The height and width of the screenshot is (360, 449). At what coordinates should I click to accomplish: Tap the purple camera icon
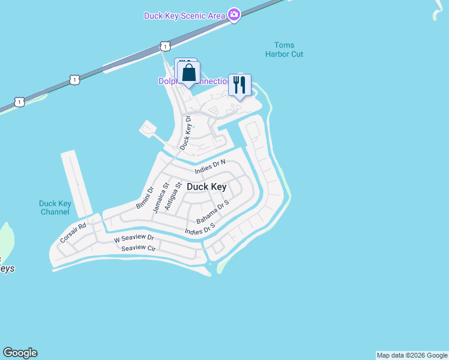click(234, 16)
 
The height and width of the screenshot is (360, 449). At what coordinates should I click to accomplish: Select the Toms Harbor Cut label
click(284, 50)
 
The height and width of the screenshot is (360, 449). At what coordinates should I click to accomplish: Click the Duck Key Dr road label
click(187, 133)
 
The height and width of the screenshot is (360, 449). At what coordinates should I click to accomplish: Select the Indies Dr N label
click(210, 167)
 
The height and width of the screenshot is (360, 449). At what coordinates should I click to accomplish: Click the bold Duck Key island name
click(206, 187)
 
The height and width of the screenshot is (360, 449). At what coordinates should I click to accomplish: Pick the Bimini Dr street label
click(145, 199)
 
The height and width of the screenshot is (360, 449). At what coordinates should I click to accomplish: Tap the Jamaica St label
click(158, 199)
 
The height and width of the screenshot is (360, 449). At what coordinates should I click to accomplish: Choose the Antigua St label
click(172, 197)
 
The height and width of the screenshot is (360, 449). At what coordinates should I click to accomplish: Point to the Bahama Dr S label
click(212, 213)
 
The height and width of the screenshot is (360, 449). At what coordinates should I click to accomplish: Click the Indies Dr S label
click(200, 229)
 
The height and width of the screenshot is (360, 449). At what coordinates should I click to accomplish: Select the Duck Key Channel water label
click(55, 208)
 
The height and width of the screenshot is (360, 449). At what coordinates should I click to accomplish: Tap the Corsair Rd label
click(73, 233)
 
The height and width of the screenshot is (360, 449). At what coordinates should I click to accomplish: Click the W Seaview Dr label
click(134, 239)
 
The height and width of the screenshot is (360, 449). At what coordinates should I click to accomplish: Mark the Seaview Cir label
click(138, 248)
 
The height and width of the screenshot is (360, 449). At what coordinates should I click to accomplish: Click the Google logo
click(20, 353)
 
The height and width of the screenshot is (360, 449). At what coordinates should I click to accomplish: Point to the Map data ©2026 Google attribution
click(412, 355)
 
